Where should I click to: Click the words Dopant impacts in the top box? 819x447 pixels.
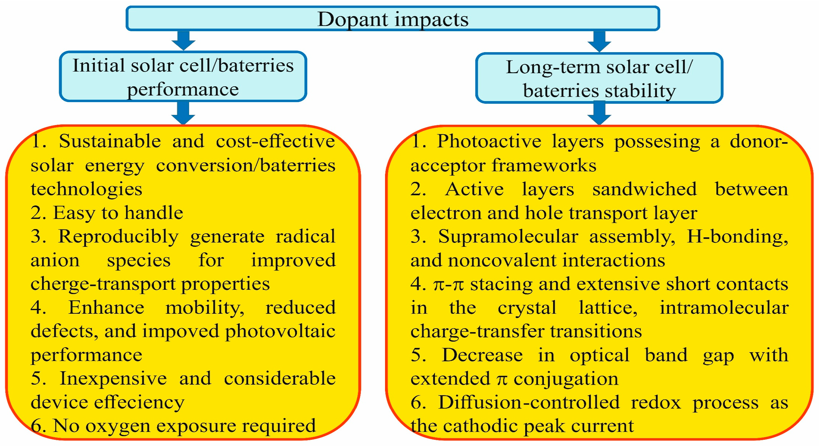pyautogui.click(x=393, y=19)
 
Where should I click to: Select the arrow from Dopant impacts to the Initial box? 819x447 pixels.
pyautogui.click(x=183, y=40)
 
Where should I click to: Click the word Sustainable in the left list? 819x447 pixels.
pyautogui.click(x=110, y=141)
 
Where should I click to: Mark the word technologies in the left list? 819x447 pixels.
pyautogui.click(x=86, y=189)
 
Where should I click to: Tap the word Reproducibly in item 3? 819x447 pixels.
pyautogui.click(x=119, y=237)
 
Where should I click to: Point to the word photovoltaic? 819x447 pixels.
pyautogui.click(x=280, y=331)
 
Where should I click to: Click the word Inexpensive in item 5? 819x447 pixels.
pyautogui.click(x=113, y=378)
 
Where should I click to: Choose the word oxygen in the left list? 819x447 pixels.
pyautogui.click(x=118, y=426)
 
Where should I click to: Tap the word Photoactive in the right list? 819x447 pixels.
pyautogui.click(x=489, y=141)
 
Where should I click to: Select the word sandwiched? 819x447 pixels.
pyautogui.click(x=644, y=189)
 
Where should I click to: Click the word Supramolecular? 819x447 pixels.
pyautogui.click(x=508, y=237)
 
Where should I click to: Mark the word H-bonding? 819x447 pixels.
pyautogui.click(x=737, y=237)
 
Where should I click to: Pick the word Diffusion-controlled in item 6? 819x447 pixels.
pyautogui.click(x=529, y=402)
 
